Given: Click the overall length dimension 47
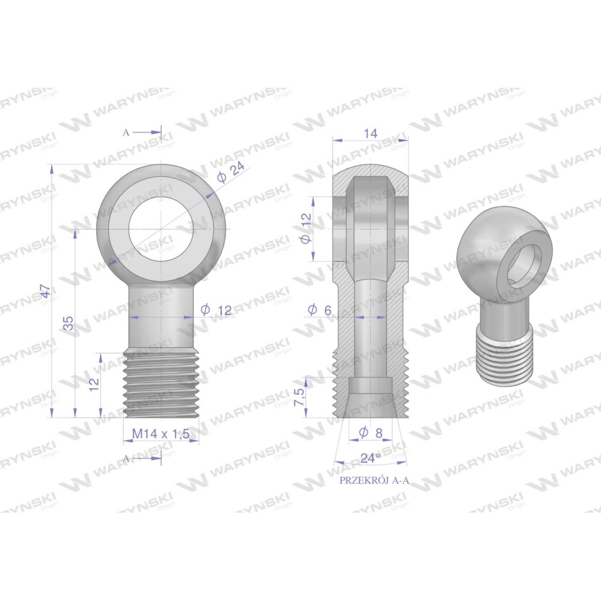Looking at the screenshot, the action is tap(46, 291).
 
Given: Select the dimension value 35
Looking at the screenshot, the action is tap(69, 323).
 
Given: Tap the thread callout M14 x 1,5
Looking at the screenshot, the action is tap(161, 434).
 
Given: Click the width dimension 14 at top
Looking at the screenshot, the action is tap(371, 133).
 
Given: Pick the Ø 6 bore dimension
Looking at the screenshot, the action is tap(319, 310).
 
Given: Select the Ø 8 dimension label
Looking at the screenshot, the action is tap(371, 433).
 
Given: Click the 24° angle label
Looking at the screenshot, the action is tap(370, 457).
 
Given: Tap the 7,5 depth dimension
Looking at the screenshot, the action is tap(300, 397).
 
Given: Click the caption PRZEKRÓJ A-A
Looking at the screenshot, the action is tap(374, 481).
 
